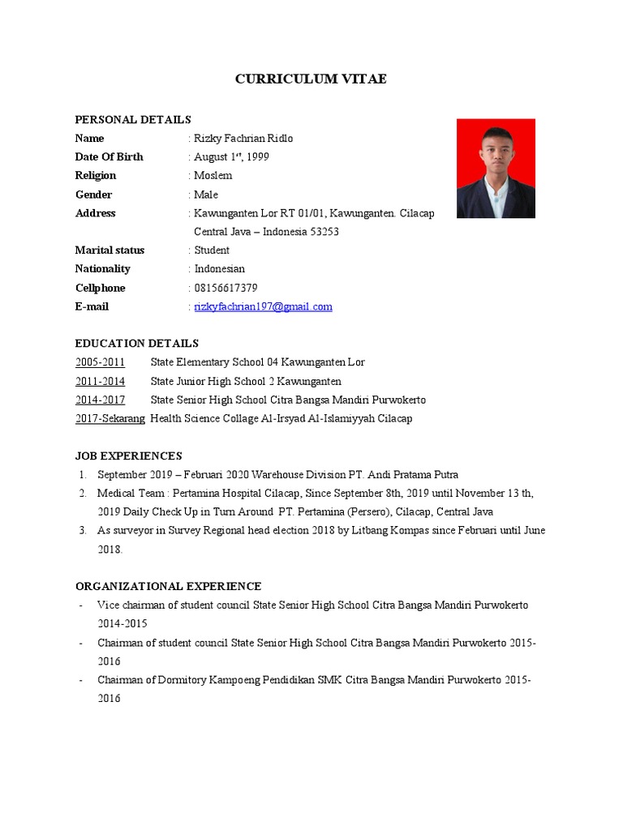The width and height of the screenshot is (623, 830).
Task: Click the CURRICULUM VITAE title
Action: [311, 79]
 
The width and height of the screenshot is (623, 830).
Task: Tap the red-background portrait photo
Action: [496, 168]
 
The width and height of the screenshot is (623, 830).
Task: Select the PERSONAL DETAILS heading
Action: [133, 120]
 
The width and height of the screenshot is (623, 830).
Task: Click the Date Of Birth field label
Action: [110, 157]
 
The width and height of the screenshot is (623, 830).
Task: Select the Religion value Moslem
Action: [213, 176]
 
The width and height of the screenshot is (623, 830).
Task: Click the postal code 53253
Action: [322, 232]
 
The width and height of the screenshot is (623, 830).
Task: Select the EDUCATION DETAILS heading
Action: [137, 344]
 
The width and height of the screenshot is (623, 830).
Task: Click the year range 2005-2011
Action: [101, 362]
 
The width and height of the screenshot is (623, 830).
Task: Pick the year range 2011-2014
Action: [101, 381]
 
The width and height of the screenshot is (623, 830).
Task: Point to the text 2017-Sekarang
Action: [110, 418]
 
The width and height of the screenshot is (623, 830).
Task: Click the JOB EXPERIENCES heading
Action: [129, 456]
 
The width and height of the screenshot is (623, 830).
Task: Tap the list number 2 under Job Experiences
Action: [83, 494]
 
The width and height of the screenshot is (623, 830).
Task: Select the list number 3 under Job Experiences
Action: [83, 531]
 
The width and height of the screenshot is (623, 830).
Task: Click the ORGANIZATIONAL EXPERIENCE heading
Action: [168, 586]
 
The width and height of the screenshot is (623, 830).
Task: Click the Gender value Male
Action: [206, 195]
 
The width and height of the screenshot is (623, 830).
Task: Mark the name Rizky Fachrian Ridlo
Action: [243, 139]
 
